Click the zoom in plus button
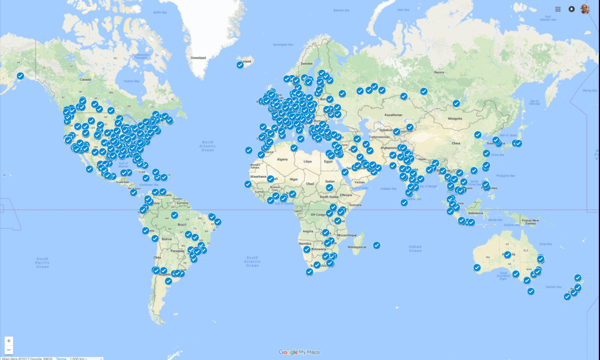8,341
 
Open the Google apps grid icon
557,9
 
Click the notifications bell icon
571,9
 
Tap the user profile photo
585,9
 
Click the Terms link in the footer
61,358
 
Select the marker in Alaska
21,76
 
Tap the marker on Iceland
240,64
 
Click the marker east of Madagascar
377,245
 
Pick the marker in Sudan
329,188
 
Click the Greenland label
198,58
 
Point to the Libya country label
308,161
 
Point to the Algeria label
283,159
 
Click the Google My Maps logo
299,352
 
